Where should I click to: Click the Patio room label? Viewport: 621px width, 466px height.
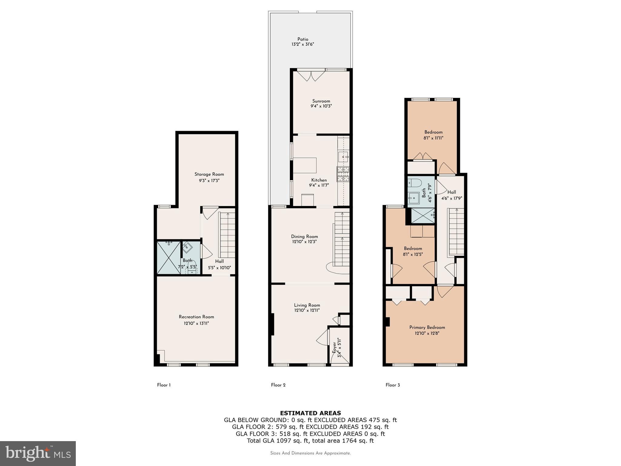pos(303,39)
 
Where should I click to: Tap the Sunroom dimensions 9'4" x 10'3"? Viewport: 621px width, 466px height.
pos(321,106)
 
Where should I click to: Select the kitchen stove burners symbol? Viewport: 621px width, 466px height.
pos(343,174)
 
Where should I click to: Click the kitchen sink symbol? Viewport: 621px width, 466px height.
pos(344,157)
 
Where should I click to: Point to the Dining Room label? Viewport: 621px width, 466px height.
pos(304,237)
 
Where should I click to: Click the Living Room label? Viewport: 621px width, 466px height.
pos(307,305)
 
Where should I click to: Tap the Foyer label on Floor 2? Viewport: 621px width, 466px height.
pos(334,347)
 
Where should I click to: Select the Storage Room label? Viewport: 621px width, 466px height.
pos(209,174)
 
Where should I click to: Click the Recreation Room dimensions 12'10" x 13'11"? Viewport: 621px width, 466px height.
pos(196,323)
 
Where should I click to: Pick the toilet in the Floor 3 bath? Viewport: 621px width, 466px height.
pos(415,183)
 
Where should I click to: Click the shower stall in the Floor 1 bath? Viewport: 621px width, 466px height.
pos(169,258)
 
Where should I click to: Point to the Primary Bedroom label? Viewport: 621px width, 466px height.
pos(427,327)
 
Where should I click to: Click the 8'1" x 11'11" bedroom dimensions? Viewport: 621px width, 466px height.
pos(433,138)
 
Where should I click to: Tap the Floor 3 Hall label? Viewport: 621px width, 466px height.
pos(451,192)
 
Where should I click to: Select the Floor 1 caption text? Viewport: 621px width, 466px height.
pos(164,385)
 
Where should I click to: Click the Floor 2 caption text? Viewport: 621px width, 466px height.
pos(278,385)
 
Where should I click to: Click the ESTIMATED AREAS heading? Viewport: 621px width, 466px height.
pos(310,413)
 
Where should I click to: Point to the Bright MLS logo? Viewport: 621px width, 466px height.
pos(38,453)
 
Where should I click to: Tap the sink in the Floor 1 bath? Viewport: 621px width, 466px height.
pos(187,247)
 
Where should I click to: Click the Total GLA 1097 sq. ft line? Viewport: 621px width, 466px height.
pos(310,441)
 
